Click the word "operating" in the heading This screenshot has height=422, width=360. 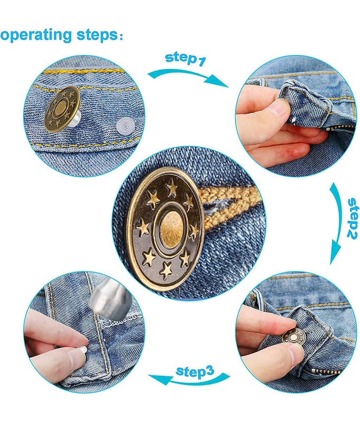(x=36, y=35)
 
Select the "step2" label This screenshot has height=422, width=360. (x=352, y=218)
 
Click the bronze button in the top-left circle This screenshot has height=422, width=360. (x=62, y=109)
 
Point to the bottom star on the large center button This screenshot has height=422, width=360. (x=166, y=270)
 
